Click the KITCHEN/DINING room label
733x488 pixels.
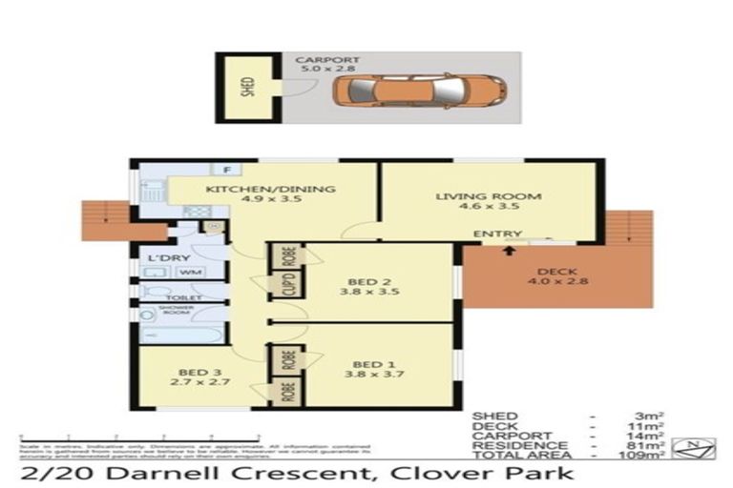tap(271, 195)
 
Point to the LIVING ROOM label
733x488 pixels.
tap(488, 203)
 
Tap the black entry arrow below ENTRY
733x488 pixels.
tap(506, 251)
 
